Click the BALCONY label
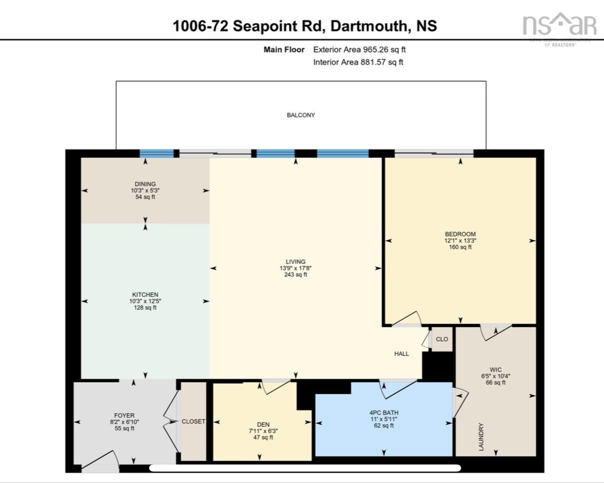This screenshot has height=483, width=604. point(301,115)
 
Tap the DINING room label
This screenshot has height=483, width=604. point(145,184)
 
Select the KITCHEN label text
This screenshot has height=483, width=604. point(145,295)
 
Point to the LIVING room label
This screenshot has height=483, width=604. point(295,262)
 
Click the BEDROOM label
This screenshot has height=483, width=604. point(460,234)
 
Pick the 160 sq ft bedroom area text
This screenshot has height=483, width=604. point(460,247)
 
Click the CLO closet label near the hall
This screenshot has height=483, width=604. point(442,339)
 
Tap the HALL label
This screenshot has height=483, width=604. point(401,353)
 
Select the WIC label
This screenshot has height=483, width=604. point(495,369)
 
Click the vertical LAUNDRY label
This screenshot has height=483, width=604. point(481,437)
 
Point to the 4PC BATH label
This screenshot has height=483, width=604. point(384,413)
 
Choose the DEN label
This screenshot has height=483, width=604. point(263,425)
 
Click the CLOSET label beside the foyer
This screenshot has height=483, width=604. point(193,421)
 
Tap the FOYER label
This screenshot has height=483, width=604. point(124,416)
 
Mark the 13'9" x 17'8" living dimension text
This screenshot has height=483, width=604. point(295,268)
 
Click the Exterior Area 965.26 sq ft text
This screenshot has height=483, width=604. point(359,49)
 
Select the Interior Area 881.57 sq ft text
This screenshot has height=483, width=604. point(358,62)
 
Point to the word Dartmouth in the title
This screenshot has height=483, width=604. point(369,26)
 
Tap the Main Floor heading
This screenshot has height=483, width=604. point(284,49)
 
